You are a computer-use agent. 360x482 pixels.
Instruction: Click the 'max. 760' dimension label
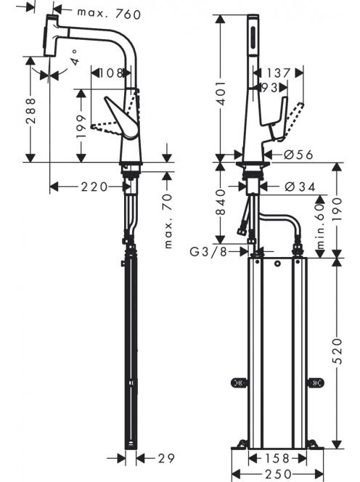pos(109,14)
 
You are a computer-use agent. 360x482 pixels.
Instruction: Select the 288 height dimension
pos(30,110)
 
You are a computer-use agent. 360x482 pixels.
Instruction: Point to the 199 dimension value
pos(81,126)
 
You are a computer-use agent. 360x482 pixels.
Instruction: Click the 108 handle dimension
pos(110,73)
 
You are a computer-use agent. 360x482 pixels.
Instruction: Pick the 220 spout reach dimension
pos(94,187)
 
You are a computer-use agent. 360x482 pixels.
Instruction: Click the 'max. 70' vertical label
pos(168,221)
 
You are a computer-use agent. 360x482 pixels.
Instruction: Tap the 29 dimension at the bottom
pos(166,458)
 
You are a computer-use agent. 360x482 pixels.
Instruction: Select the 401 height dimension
pos(221,93)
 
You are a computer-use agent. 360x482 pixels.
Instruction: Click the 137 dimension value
pos(278,73)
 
